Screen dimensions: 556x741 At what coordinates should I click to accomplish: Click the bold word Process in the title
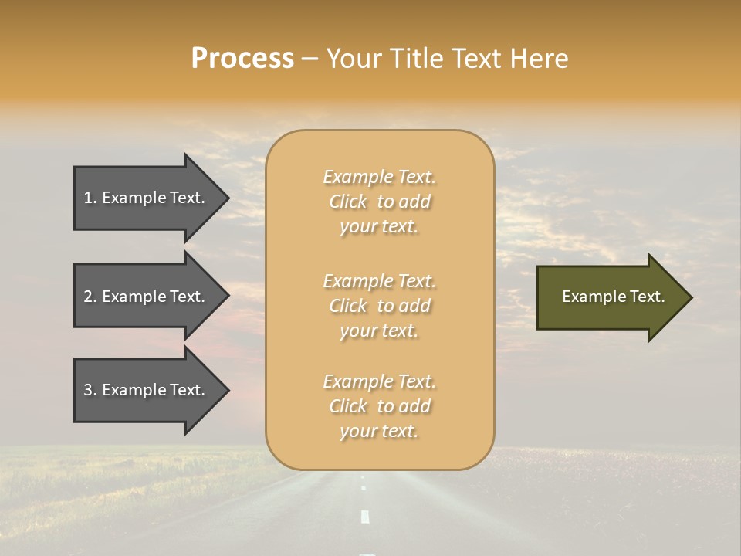242,59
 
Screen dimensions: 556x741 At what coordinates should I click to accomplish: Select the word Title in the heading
417,59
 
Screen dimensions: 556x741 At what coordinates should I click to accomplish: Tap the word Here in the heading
538,59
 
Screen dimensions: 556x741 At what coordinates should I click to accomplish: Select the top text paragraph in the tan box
379,202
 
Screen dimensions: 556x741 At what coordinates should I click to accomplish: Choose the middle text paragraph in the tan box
379,306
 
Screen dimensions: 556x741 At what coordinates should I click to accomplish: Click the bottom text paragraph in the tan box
379,406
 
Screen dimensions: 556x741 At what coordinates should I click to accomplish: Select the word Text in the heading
477,59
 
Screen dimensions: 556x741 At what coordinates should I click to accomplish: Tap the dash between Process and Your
310,59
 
